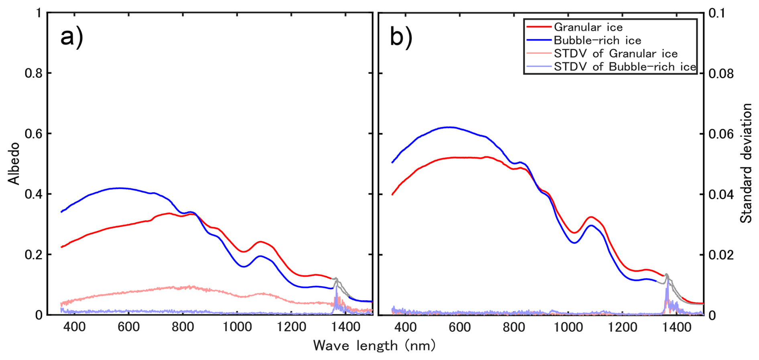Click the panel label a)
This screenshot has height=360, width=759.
(72, 37)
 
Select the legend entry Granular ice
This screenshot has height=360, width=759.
(588, 27)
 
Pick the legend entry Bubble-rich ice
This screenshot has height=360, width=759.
(597, 40)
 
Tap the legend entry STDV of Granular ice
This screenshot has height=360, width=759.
(616, 53)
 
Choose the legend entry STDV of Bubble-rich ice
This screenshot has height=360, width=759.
(625, 67)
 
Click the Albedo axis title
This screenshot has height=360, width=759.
(14, 163)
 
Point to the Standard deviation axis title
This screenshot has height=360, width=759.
(746, 163)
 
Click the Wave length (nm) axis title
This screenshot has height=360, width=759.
(374, 346)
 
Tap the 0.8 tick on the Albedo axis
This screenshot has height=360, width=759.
(33, 73)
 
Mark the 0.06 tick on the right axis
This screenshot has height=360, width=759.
(721, 134)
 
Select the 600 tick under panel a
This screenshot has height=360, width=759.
(128, 327)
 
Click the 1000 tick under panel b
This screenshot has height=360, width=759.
(568, 327)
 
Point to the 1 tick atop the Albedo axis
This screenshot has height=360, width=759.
(39, 13)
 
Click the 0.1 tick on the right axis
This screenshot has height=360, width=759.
(717, 13)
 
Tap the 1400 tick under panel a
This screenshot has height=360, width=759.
(346, 327)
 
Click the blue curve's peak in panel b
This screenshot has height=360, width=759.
(448, 127)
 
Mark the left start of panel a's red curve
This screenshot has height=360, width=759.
(61, 247)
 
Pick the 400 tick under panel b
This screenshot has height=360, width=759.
(405, 327)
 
